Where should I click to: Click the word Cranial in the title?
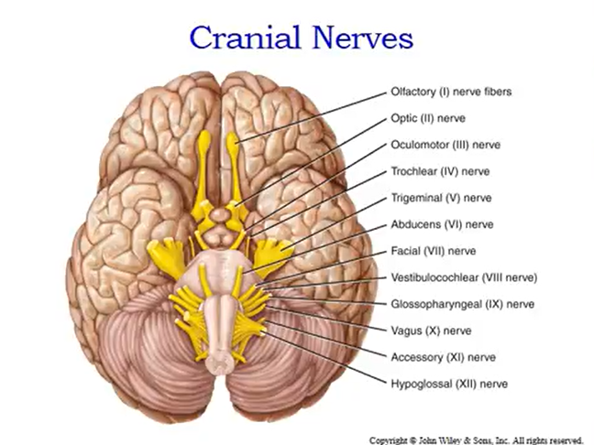[241, 38]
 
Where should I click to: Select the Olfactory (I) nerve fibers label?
[450, 92]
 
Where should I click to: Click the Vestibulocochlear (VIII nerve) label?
[463, 277]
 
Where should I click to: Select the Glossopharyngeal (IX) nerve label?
[462, 304]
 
